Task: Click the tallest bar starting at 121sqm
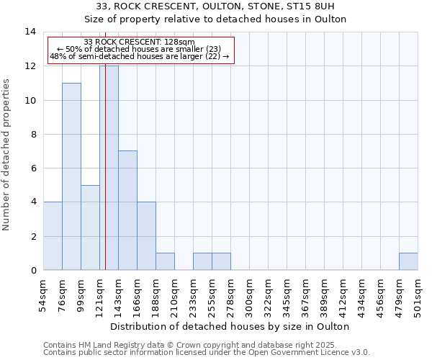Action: [x=109, y=168]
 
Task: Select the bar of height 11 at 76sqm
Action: [x=71, y=176]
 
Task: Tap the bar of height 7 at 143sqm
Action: [x=127, y=210]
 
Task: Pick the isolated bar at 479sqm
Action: [x=408, y=261]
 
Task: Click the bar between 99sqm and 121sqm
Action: [x=90, y=228]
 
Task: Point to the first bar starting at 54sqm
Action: [x=53, y=236]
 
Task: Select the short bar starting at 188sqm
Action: [x=165, y=261]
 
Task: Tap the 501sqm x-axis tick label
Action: [x=422, y=296]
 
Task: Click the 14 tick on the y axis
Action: [x=30, y=32]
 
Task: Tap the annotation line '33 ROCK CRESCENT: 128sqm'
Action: [x=139, y=42]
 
